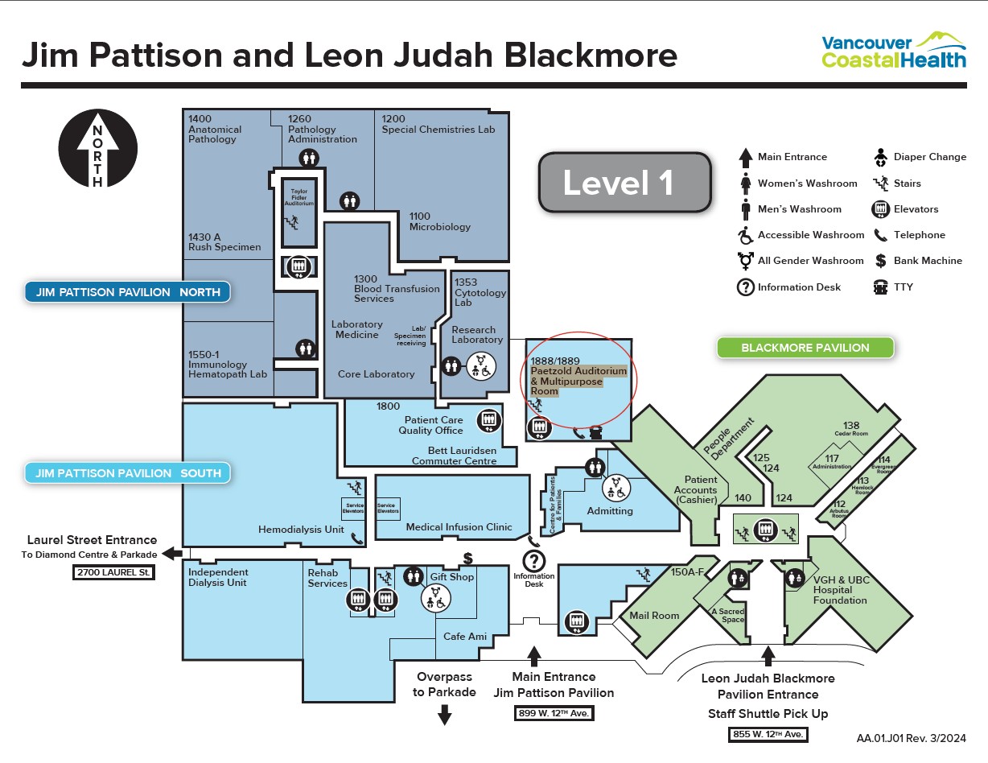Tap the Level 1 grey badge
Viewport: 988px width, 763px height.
[x=624, y=183]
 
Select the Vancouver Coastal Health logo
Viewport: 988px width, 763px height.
[x=893, y=50]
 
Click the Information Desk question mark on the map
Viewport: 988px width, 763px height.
[x=534, y=560]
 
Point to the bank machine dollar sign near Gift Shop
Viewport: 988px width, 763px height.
[x=467, y=557]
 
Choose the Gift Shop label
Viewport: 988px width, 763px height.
[x=452, y=577]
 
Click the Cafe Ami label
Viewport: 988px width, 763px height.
[x=465, y=637]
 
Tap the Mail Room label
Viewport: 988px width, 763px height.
[x=654, y=616]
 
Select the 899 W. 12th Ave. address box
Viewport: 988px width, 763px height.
[x=554, y=713]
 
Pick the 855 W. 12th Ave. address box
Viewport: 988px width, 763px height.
[x=768, y=734]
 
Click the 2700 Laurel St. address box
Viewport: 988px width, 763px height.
[x=113, y=573]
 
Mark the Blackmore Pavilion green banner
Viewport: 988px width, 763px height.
[x=805, y=348]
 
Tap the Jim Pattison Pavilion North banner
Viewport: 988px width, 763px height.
[x=127, y=292]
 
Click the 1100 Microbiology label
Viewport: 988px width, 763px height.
[x=439, y=221]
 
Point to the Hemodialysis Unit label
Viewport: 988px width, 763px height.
[x=301, y=530]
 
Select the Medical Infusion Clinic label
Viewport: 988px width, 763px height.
[x=459, y=527]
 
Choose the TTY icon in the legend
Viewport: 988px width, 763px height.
[x=879, y=287]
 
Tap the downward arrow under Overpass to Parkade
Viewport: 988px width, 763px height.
[x=444, y=714]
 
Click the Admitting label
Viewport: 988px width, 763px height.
[x=610, y=511]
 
